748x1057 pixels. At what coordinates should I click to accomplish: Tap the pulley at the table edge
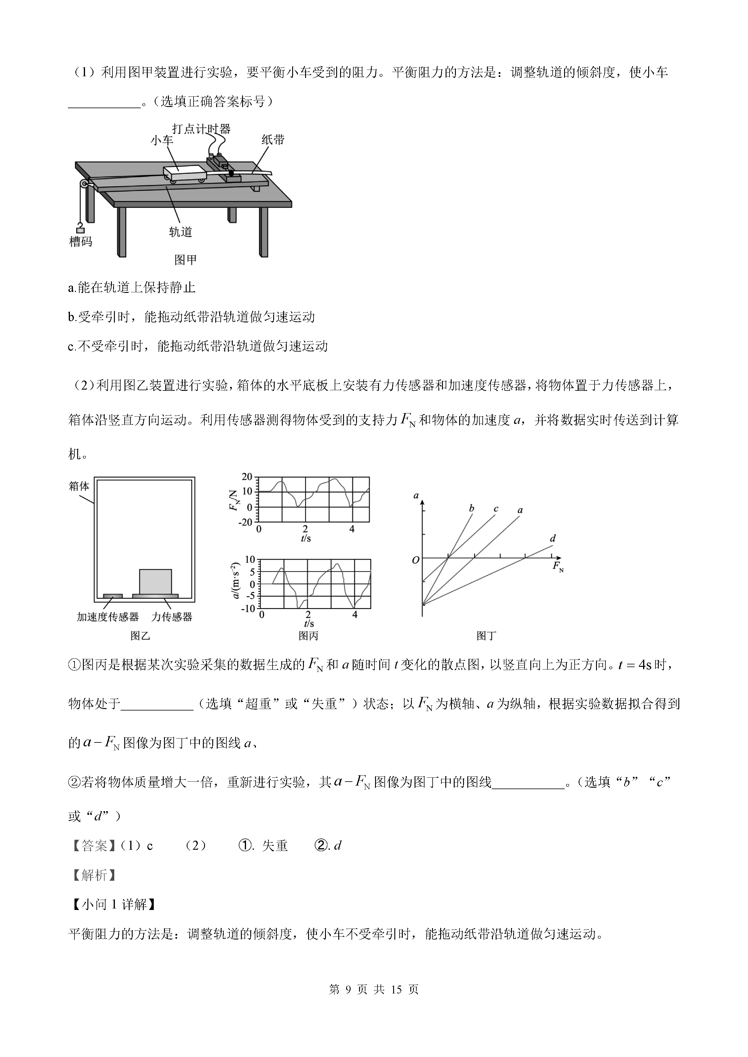coord(82,185)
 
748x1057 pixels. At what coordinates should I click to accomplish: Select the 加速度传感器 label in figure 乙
coord(108,617)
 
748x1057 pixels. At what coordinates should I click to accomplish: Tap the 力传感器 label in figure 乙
coord(172,617)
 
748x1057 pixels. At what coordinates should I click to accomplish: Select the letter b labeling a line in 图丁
coord(471,509)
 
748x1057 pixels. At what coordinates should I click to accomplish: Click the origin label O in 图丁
coord(415,560)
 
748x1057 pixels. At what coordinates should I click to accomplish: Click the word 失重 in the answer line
coord(275,846)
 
